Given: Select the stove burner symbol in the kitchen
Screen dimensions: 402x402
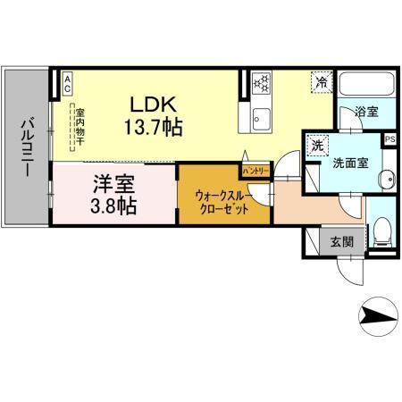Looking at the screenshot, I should pyautogui.click(x=262, y=83).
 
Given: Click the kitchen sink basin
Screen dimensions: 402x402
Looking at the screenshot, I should pyautogui.click(x=263, y=115).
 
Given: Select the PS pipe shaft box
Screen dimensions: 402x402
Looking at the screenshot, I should pyautogui.click(x=389, y=140).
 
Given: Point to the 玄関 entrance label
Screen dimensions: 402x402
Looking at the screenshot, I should pyautogui.click(x=340, y=240).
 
